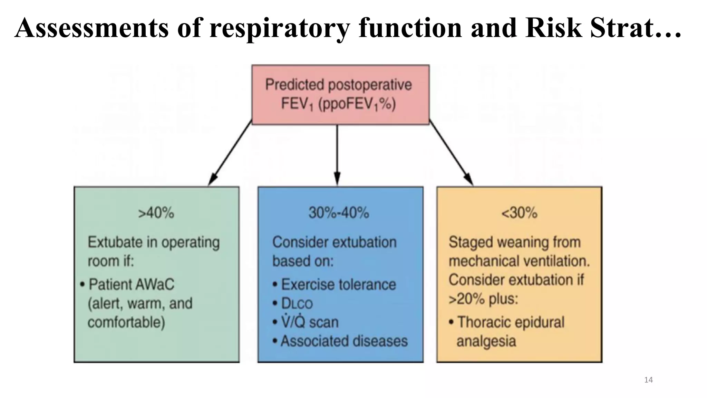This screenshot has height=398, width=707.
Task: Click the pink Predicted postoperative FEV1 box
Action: point(340,94)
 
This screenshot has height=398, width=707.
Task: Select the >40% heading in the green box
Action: point(156,213)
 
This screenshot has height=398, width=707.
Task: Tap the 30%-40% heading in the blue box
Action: point(339,213)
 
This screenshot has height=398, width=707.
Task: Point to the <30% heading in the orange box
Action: point(519,213)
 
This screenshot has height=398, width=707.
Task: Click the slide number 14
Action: point(648,380)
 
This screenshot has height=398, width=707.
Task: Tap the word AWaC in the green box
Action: point(155,285)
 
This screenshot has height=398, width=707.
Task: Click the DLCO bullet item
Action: point(297,304)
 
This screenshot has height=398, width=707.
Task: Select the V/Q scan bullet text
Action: point(310,322)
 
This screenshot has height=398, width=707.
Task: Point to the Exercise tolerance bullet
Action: point(338,285)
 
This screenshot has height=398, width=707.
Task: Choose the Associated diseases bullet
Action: point(344,341)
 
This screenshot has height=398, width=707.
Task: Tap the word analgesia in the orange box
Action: point(486,341)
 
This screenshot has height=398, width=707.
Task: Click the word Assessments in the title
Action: point(92,28)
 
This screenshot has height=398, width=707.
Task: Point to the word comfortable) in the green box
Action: point(126,322)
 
